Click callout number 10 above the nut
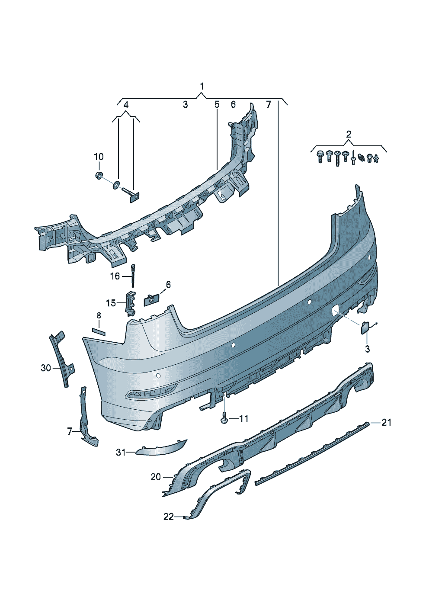pyautogui.click(x=99, y=157)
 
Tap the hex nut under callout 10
pyautogui.click(x=99, y=175)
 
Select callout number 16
pyautogui.click(x=115, y=276)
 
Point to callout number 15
pyautogui.click(x=111, y=303)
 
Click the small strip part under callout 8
pyautogui.click(x=99, y=332)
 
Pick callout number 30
pyautogui.click(x=46, y=368)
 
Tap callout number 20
pyautogui.click(x=156, y=477)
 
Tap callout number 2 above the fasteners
pyautogui.click(x=349, y=134)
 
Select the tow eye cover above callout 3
pyautogui.click(x=364, y=329)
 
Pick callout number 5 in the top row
pyautogui.click(x=217, y=104)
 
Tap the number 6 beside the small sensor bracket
pyautogui.click(x=168, y=285)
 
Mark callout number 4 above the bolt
pyautogui.click(x=126, y=105)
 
